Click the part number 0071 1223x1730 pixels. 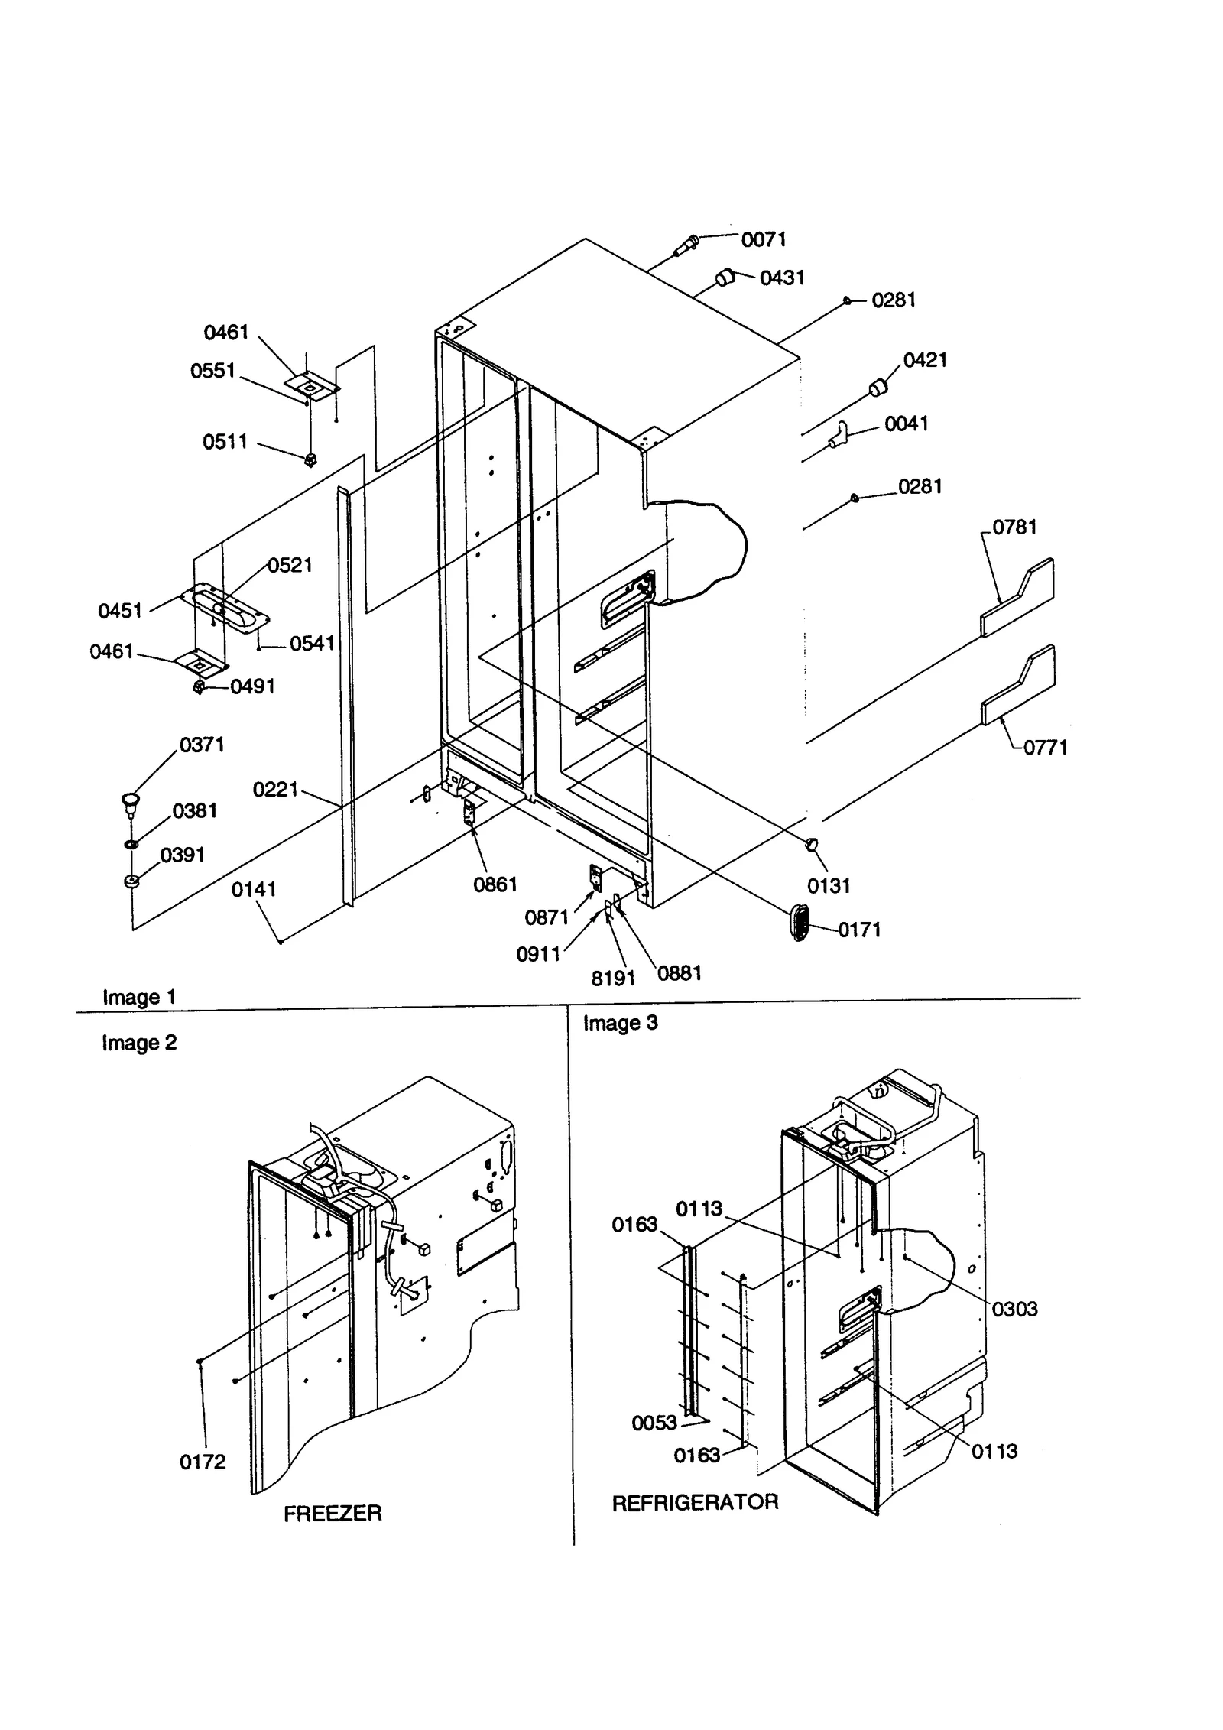tap(763, 240)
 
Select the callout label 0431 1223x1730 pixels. tap(782, 278)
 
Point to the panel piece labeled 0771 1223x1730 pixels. tap(1018, 686)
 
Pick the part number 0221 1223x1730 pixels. tap(275, 790)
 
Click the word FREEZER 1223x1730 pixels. tap(333, 1514)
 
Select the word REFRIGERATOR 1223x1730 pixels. tap(695, 1503)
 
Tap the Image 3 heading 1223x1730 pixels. tap(620, 1023)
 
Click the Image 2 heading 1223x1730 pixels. tap(139, 1043)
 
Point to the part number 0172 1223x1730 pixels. tap(203, 1462)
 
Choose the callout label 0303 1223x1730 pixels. tap(1014, 1309)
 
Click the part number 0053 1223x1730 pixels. tap(654, 1423)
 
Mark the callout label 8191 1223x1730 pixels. tap(613, 979)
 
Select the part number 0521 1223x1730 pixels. tap(290, 565)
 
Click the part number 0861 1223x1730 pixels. tap(495, 884)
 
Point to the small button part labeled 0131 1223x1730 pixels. tap(812, 842)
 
